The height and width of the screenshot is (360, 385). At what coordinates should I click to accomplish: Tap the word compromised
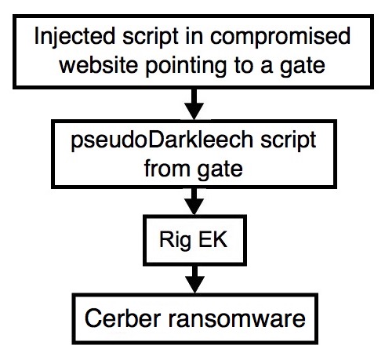coord(280,37)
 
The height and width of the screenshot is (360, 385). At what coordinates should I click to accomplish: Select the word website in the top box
coord(99,65)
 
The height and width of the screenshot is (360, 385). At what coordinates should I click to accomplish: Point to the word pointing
coord(186,67)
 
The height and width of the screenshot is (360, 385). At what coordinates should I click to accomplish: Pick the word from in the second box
coord(167,169)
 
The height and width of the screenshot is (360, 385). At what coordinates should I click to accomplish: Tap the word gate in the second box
coord(220,170)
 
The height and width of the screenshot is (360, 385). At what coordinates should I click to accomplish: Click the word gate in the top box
coord(303,67)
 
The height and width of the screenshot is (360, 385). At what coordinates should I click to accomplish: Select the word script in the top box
coord(151,37)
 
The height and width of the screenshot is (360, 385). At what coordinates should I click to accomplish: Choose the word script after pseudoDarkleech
coord(289,141)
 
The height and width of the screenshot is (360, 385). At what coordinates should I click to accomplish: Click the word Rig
coord(175,241)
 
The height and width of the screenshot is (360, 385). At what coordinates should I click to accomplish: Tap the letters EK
coord(212,239)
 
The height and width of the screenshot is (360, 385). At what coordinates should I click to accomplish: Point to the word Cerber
coord(122,318)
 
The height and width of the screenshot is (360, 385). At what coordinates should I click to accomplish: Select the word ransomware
coord(237,319)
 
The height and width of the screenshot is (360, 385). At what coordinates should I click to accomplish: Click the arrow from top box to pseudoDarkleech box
coord(194,104)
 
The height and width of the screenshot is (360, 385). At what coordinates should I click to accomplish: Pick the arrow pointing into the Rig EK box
coord(194,202)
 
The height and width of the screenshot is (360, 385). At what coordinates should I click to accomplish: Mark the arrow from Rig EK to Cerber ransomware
coord(194,279)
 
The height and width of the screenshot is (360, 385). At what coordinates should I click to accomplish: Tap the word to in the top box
coord(243,65)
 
